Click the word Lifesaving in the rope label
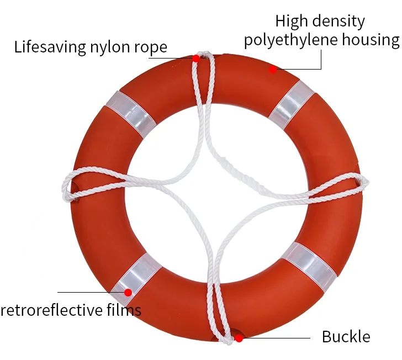pyautogui.click(x=46, y=46)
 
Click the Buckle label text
pyautogui.click(x=346, y=336)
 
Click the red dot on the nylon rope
pyautogui.click(x=196, y=57)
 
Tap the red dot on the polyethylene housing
pyautogui.click(x=273, y=70)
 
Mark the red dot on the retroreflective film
pyautogui.click(x=128, y=292)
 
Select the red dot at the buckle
pyautogui.click(x=239, y=338)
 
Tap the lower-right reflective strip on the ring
pyautogui.click(x=310, y=264)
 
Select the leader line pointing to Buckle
pyautogui.click(x=276, y=338)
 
